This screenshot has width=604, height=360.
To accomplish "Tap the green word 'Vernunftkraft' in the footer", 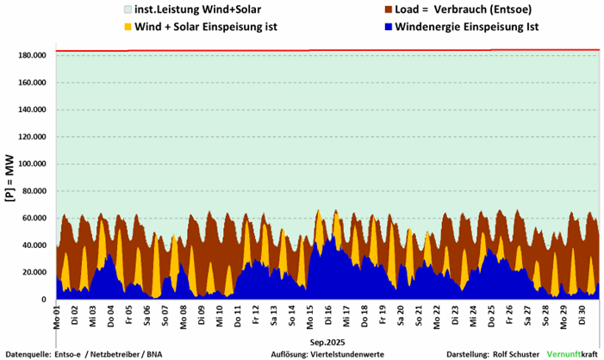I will pyautogui.click(x=572, y=353).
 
